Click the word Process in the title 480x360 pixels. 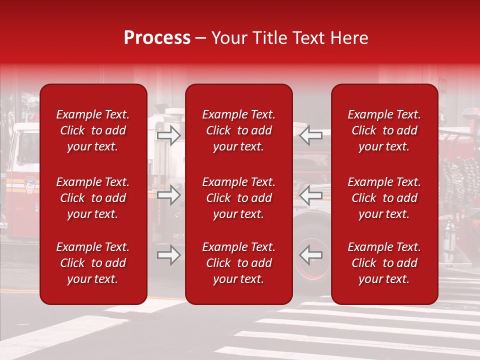coord(157,38)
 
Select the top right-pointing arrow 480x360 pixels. coord(168,135)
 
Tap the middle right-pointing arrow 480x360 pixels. coord(168,195)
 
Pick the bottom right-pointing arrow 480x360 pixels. coord(168,255)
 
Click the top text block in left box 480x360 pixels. coord(93,130)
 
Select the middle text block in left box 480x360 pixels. coord(93,198)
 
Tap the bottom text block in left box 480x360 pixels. coord(93,263)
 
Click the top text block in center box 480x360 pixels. coord(238,130)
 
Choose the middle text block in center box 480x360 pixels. coord(238,198)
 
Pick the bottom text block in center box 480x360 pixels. coord(238,263)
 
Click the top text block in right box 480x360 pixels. coord(384,130)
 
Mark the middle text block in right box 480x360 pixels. coord(384,198)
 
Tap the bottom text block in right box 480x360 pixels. coord(384,263)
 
